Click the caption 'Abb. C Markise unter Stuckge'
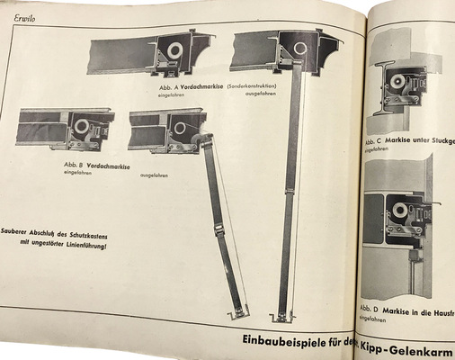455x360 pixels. click(x=410, y=142)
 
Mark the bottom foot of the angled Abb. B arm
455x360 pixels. click(x=237, y=312)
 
